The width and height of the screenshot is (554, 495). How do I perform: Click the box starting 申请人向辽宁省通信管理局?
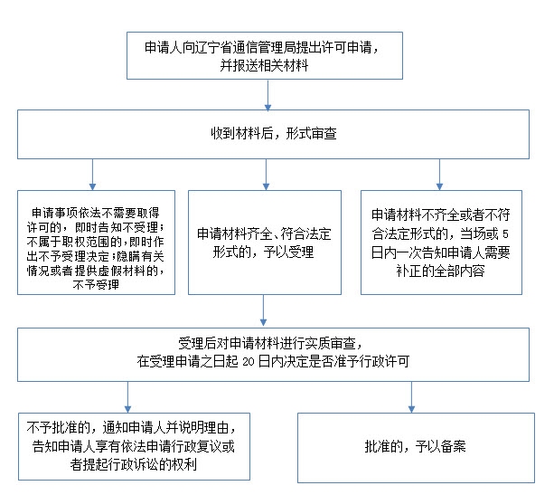(261, 55)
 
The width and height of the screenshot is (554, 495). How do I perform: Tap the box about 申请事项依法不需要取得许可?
(96, 242)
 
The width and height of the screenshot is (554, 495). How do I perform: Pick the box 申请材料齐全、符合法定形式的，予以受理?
(265, 242)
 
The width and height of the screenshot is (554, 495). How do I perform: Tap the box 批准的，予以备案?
(415, 448)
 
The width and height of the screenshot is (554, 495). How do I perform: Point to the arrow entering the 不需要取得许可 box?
(92, 174)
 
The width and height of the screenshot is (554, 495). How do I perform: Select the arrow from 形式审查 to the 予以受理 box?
(265, 174)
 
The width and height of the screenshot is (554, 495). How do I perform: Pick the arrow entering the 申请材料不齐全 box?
(438, 174)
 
